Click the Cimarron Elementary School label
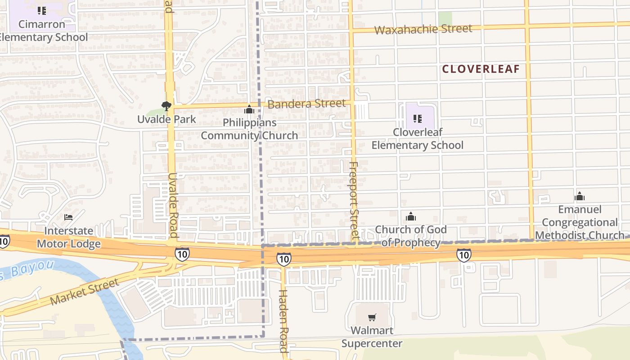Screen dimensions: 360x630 point(42,31)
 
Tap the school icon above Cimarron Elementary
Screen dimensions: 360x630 point(42,10)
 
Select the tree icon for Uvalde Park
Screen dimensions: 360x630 point(166,107)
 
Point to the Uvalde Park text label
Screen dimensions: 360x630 point(166,119)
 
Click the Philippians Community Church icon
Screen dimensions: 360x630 point(249,109)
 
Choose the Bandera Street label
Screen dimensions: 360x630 point(306,104)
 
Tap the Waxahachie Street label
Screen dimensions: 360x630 point(423,30)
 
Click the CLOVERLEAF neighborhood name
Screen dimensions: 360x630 point(481,69)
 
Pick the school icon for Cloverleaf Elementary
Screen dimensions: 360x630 point(417,119)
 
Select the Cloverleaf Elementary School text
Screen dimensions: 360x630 point(417,139)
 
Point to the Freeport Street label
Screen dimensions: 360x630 point(354,200)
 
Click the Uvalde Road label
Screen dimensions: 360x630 point(173,205)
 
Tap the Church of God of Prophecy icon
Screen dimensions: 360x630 point(410,217)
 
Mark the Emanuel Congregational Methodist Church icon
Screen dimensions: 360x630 point(580,196)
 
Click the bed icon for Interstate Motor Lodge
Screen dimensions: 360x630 point(68,217)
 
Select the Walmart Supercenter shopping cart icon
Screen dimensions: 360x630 point(372,318)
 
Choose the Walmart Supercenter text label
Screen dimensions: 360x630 point(372,337)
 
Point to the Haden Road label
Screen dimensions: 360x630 point(283,320)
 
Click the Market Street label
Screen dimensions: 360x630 point(84,292)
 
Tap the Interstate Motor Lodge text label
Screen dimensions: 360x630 point(69,237)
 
